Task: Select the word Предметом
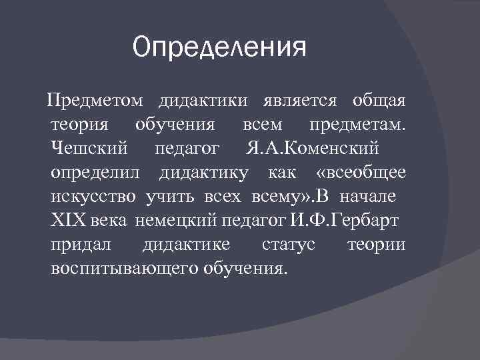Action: click(94, 101)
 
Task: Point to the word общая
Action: click(378, 101)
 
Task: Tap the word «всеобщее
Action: click(359, 173)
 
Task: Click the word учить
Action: click(167, 197)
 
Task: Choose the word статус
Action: click(288, 245)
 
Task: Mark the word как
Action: click(281, 173)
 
